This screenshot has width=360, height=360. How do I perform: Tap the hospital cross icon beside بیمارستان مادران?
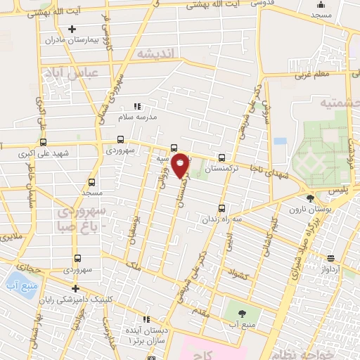[x=72, y=29]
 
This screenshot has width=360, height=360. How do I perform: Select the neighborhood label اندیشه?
[x=154, y=54]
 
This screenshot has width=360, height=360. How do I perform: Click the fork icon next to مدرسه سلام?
[x=136, y=106]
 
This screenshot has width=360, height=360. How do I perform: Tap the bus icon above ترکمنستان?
[x=222, y=157]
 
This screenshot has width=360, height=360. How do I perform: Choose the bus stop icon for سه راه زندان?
[x=222, y=208]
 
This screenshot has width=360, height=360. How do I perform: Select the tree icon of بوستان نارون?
[x=310, y=198]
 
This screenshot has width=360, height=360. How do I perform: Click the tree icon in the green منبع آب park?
[x=243, y=314]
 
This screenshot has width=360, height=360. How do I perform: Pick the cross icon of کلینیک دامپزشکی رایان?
[x=75, y=289]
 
